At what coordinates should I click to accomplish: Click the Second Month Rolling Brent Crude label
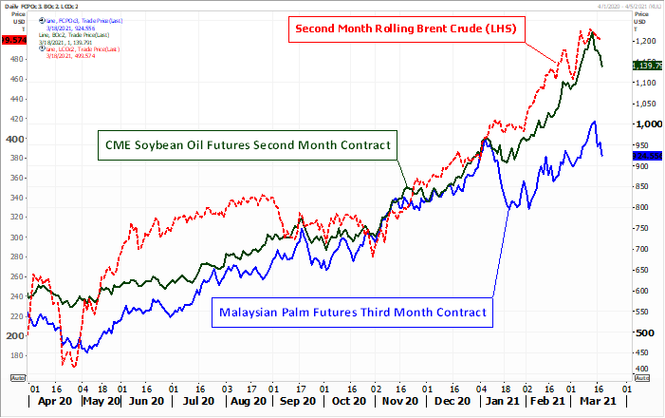[x=405, y=29]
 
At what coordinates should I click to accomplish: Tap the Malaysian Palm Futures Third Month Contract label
[x=353, y=312]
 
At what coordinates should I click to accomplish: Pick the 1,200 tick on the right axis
[x=646, y=42]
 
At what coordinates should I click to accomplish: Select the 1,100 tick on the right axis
[x=646, y=83]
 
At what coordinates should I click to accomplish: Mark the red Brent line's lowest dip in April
[x=64, y=364]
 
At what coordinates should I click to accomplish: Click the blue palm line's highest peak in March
[x=594, y=122]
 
